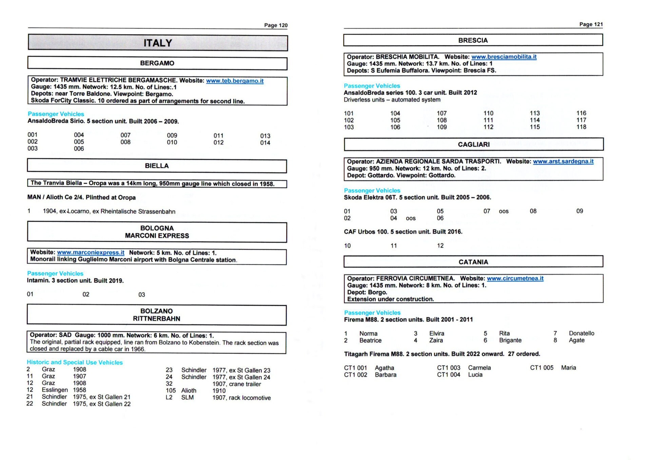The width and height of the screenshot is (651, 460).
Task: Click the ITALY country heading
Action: point(158,43)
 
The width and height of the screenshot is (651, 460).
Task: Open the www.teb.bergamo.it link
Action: point(235,81)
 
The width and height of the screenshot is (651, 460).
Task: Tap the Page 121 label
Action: point(591,24)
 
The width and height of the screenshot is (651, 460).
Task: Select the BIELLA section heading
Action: point(157,166)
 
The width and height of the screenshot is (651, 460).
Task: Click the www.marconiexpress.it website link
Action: point(91,253)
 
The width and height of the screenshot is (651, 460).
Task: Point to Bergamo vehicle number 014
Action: point(265,143)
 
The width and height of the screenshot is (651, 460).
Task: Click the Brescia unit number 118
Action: point(581,127)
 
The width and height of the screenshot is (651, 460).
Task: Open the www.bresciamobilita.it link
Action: point(504,57)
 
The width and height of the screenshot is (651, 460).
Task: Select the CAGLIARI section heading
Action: point(474,145)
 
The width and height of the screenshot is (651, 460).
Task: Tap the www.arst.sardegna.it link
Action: point(563,162)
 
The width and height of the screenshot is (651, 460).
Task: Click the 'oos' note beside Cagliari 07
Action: point(504,211)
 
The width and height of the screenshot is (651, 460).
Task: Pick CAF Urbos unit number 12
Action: point(440,246)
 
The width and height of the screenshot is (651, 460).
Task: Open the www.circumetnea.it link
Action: point(515,278)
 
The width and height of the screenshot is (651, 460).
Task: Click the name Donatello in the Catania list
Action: point(581,333)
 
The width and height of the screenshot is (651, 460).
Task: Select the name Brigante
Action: point(510,340)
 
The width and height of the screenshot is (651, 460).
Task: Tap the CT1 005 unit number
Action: point(541,368)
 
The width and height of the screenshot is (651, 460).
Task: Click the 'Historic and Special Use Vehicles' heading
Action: point(75,362)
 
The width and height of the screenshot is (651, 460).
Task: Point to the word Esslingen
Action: point(55,390)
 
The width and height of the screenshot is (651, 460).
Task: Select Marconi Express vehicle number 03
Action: point(141,295)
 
